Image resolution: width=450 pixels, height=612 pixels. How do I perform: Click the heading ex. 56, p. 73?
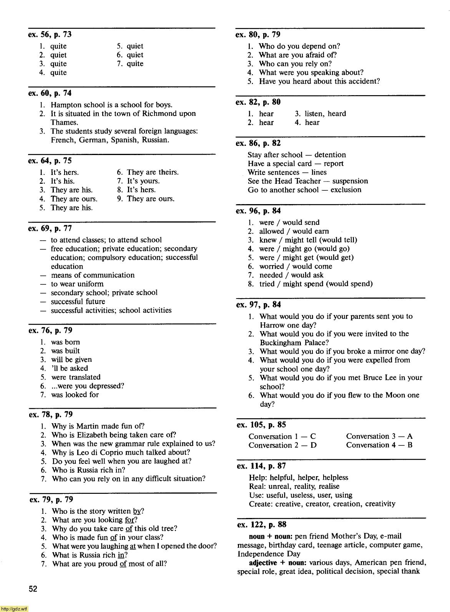click(x=50, y=35)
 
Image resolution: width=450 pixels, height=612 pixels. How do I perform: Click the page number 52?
click(x=33, y=589)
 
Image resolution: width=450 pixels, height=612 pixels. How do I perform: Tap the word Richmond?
click(x=159, y=114)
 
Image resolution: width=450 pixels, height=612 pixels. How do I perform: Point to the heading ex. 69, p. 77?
click(x=50, y=229)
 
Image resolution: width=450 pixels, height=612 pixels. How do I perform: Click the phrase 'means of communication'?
click(x=93, y=275)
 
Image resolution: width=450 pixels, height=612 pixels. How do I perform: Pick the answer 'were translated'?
click(x=76, y=377)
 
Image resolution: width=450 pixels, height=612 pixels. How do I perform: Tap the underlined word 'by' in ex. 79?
click(x=137, y=511)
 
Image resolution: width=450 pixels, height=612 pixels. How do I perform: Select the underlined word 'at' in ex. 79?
click(x=133, y=546)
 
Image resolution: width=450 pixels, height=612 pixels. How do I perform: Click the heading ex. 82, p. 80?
click(x=258, y=102)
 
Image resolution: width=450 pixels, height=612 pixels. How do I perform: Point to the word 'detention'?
click(x=330, y=155)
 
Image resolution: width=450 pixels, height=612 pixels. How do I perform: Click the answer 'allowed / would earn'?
click(x=294, y=231)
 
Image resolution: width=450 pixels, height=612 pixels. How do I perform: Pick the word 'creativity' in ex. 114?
click(x=380, y=504)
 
